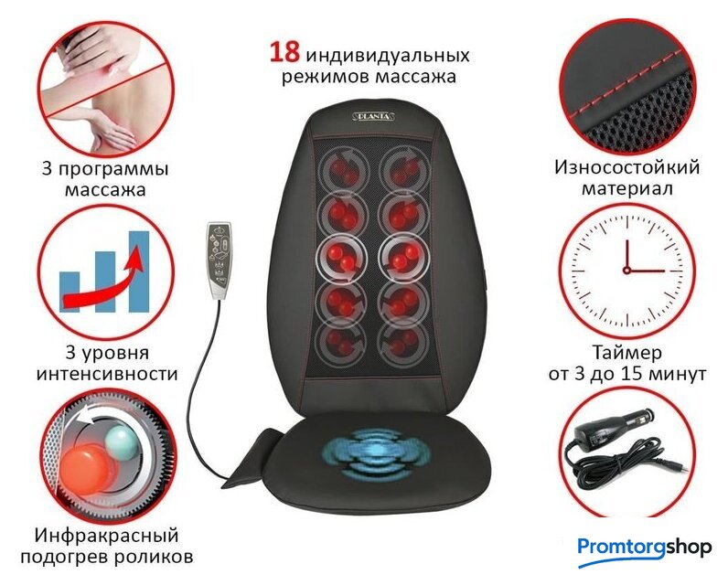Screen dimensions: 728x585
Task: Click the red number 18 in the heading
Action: [284, 52]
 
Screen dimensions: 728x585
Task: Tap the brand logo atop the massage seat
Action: [373, 116]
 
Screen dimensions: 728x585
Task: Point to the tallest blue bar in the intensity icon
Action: [139, 271]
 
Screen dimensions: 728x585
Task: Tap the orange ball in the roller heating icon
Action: [87, 466]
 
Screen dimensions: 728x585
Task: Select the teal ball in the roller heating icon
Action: [121, 442]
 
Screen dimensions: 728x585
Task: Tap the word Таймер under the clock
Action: [627, 354]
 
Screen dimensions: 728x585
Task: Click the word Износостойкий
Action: [627, 167]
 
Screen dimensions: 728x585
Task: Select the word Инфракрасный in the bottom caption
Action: [106, 536]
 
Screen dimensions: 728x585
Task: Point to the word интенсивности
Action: [107, 374]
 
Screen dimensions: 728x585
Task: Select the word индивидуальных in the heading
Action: [388, 56]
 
